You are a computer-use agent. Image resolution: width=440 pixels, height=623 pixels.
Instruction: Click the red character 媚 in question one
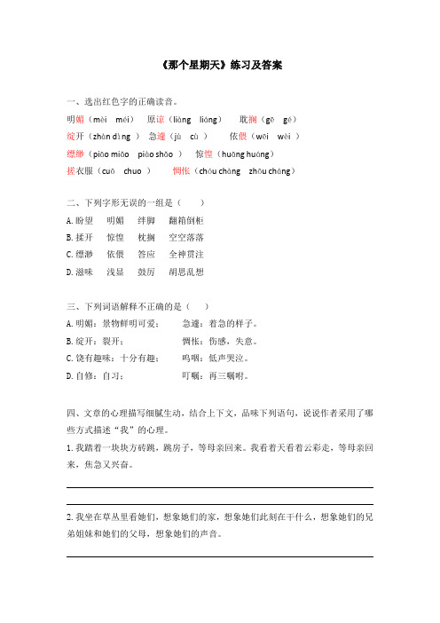(82, 119)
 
